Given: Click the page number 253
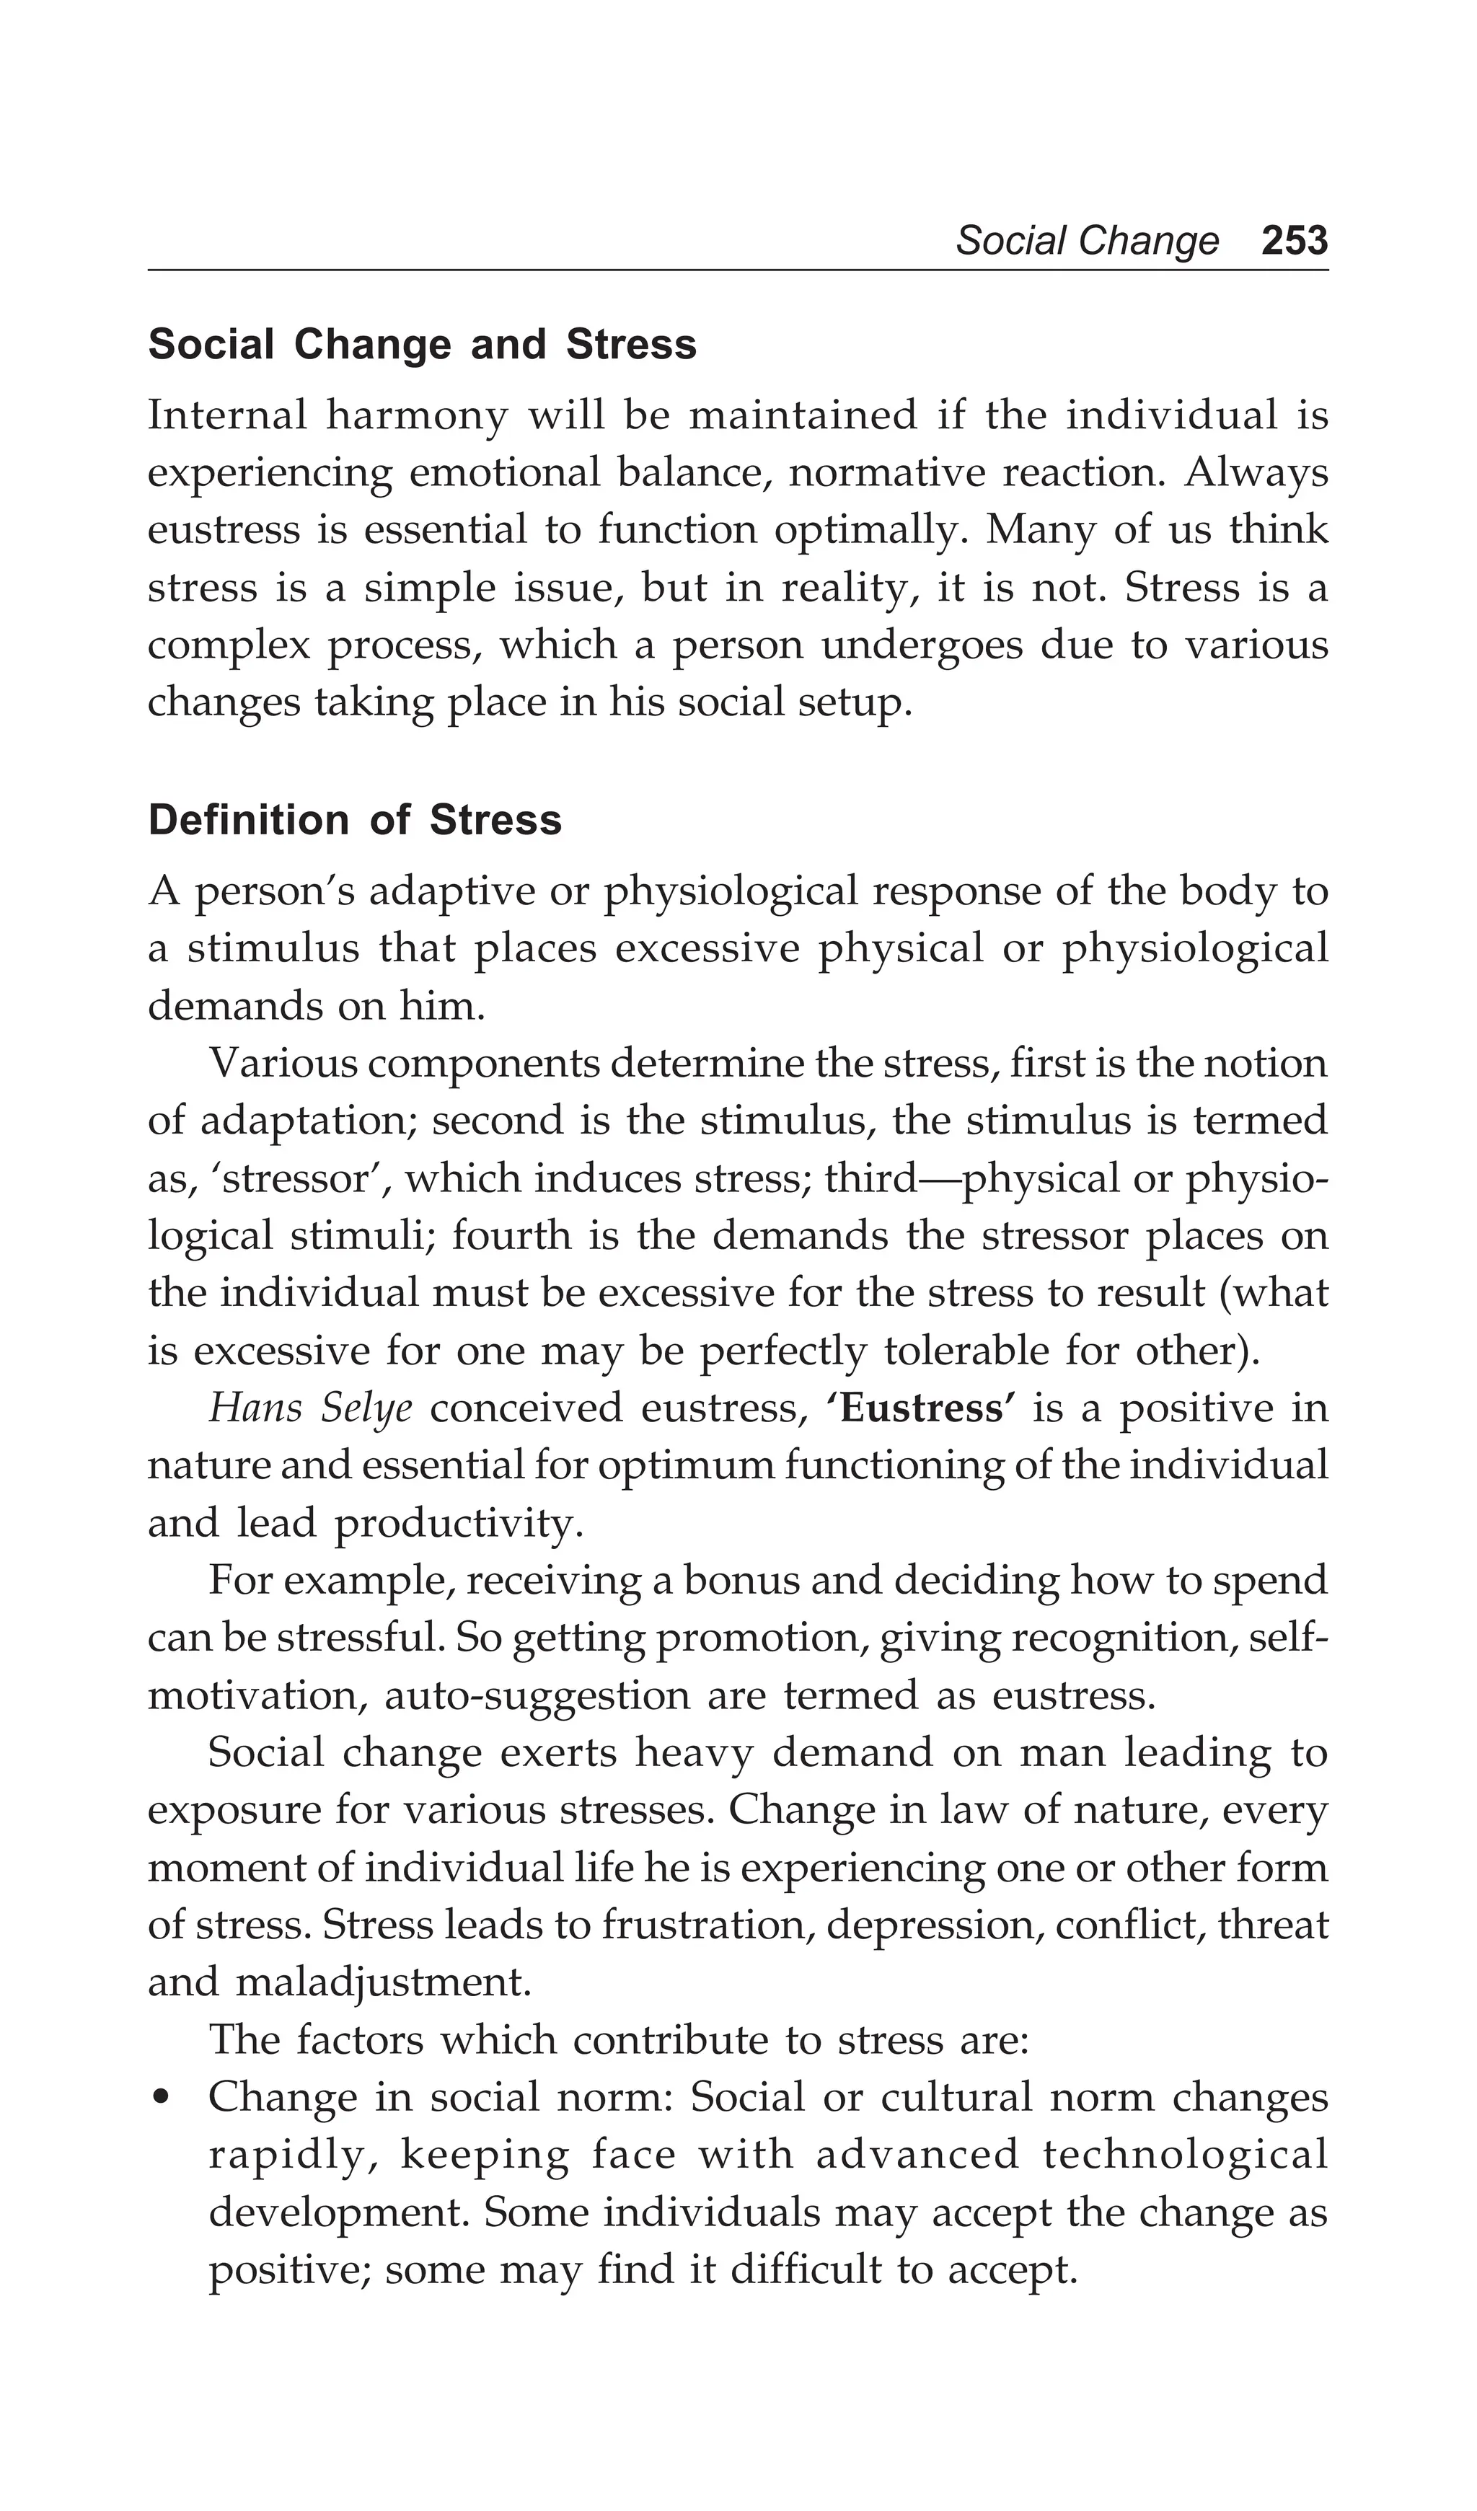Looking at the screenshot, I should (x=1294, y=241).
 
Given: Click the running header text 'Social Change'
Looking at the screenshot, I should (x=1086, y=241).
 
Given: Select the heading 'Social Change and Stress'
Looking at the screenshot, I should (x=422, y=345).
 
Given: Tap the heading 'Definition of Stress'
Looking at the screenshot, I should (x=355, y=820).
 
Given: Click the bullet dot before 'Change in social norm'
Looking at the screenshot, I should (x=159, y=2099).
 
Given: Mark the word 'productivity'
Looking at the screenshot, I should (x=457, y=1524).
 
